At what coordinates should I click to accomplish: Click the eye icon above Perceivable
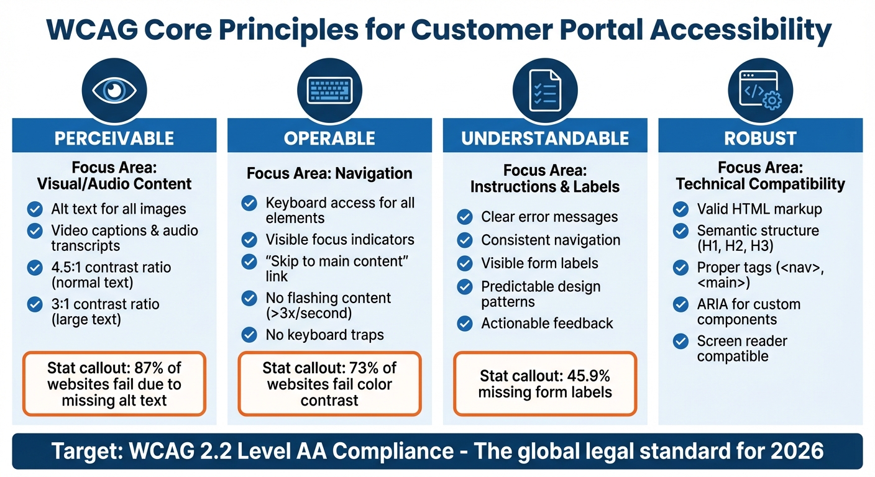click(114, 91)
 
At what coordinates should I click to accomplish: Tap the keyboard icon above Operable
click(329, 91)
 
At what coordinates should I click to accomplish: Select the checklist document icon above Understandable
click(545, 91)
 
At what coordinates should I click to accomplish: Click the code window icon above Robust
click(760, 91)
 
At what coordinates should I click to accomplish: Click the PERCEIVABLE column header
click(114, 138)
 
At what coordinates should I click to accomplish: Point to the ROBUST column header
click(760, 138)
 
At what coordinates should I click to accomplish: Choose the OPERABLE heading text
click(329, 138)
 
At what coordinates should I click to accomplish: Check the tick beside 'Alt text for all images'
click(35, 209)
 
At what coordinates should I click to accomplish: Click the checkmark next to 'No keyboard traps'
click(249, 335)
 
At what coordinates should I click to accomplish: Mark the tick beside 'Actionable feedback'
click(465, 324)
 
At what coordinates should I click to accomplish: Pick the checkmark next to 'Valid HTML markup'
click(681, 209)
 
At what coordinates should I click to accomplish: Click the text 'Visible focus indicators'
click(340, 240)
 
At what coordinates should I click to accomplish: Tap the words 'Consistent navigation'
click(551, 240)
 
